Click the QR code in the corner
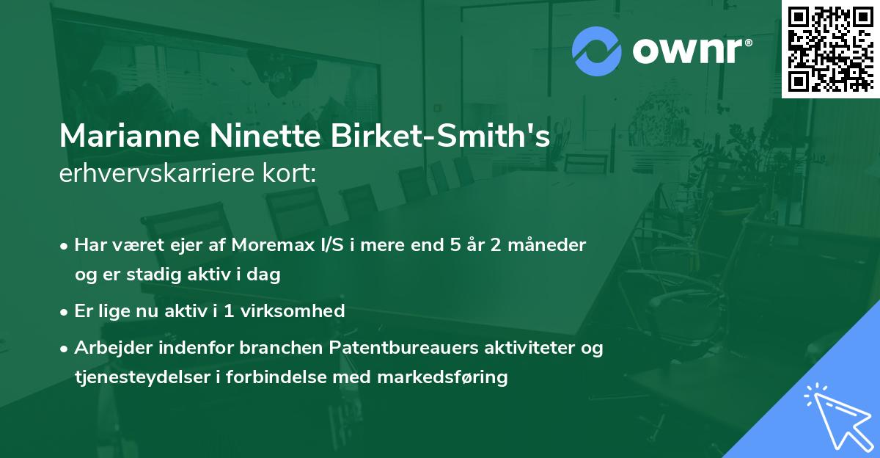click(x=830, y=48)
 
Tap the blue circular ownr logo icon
click(x=597, y=50)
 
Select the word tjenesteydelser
click(x=137, y=377)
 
